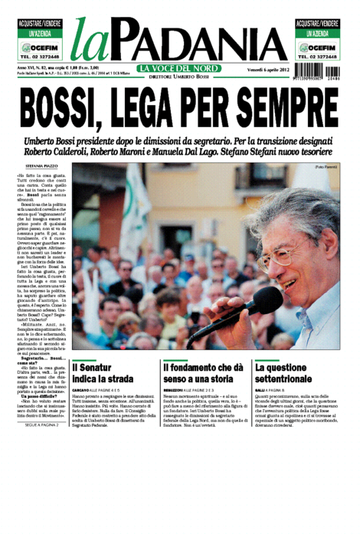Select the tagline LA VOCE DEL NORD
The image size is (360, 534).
click(179, 69)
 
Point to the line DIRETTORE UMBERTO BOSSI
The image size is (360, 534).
click(179, 77)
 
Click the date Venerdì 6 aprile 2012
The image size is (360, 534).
click(260, 70)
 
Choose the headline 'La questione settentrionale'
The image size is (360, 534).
click(292, 375)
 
